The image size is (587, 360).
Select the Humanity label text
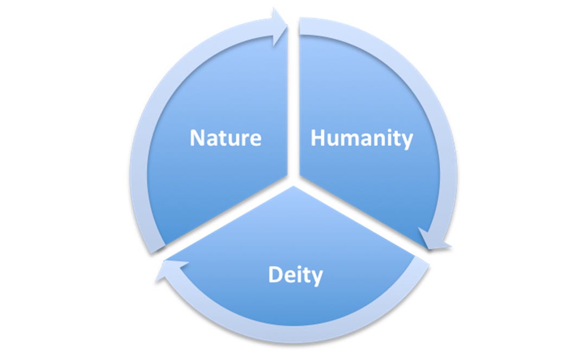(x=361, y=139)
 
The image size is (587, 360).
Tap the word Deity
(x=295, y=275)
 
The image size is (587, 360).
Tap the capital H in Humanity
(x=318, y=138)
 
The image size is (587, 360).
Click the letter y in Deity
(x=316, y=278)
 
